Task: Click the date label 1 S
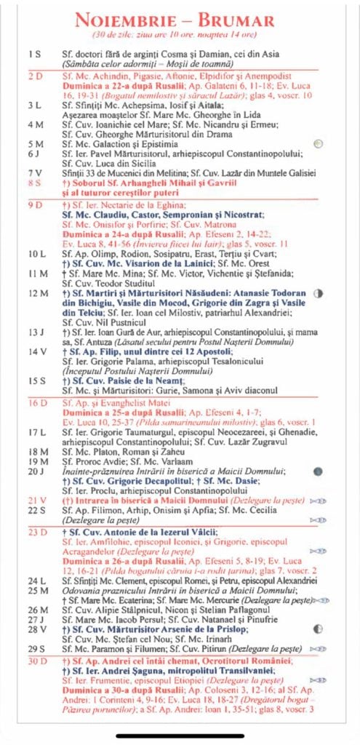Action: [x=35, y=55]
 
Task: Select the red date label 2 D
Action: [x=35, y=76]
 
